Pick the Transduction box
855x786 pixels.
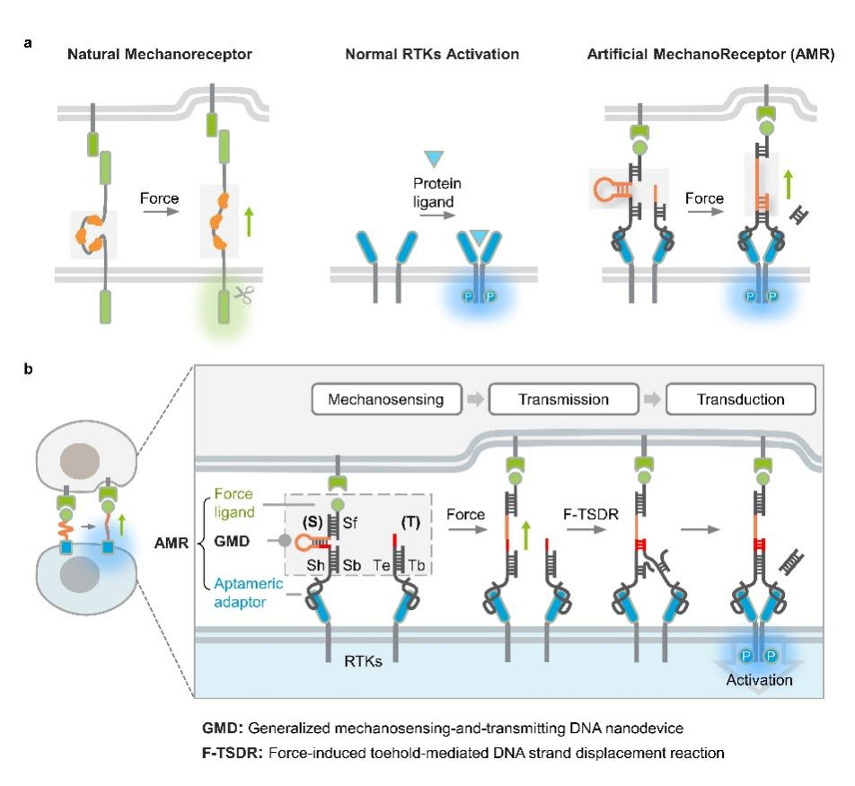[x=741, y=399]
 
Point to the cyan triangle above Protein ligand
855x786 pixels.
[x=434, y=159]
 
